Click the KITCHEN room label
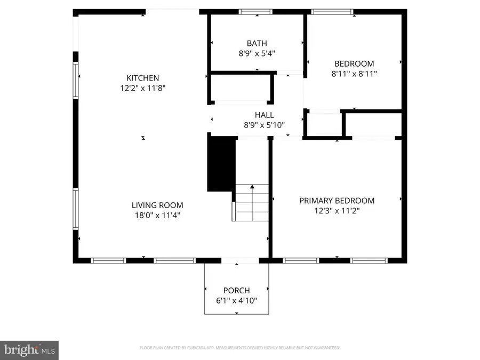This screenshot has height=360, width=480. click(x=142, y=78)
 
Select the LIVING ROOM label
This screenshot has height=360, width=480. click(x=157, y=205)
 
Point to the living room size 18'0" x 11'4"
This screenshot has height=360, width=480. click(x=157, y=215)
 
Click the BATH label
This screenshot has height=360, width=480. click(x=257, y=43)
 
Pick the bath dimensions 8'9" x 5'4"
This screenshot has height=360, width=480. click(x=257, y=53)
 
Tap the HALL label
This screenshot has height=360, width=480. click(x=264, y=115)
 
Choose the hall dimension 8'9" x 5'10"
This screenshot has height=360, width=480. click(x=264, y=125)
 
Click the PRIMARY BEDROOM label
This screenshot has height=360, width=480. click(x=337, y=201)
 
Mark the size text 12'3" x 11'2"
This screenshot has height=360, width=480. click(x=337, y=211)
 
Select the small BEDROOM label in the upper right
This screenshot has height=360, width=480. click(x=354, y=63)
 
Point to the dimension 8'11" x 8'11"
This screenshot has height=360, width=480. click(x=354, y=74)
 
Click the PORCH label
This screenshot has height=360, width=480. click(x=237, y=291)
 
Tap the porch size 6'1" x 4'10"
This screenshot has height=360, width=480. click(x=237, y=301)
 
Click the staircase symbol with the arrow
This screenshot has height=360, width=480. click(x=252, y=203)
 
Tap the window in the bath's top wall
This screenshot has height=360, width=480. click(x=257, y=11)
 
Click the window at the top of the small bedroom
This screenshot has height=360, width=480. click(x=332, y=11)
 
